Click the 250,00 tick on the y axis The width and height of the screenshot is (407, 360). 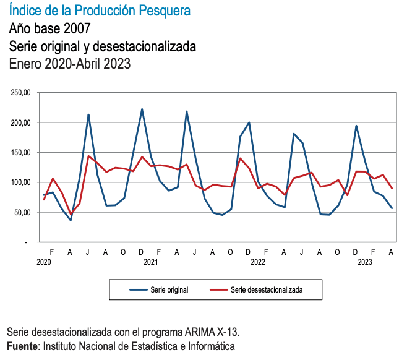click(x=21, y=93)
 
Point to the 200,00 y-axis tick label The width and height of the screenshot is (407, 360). click(x=21, y=122)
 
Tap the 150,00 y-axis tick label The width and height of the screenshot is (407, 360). click(x=21, y=152)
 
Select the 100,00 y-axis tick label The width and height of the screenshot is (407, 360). click(x=21, y=182)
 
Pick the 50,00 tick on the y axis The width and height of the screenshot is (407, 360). click(x=22, y=212)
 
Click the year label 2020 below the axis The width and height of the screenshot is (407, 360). click(x=43, y=262)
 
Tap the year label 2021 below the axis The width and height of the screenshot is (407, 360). click(x=150, y=262)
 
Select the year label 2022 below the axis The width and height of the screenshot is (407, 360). click(x=257, y=262)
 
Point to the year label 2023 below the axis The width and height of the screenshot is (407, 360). click(x=364, y=262)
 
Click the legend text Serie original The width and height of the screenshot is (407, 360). click(x=169, y=289)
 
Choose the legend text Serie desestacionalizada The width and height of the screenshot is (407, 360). click(x=267, y=289)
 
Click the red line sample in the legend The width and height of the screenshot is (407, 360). click(x=218, y=289)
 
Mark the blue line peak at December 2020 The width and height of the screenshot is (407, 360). click(x=142, y=109)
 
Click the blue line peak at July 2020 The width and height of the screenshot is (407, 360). click(x=88, y=114)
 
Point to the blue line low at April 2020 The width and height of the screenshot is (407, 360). click(x=71, y=220)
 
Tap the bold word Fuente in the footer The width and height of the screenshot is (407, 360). click(x=22, y=346)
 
